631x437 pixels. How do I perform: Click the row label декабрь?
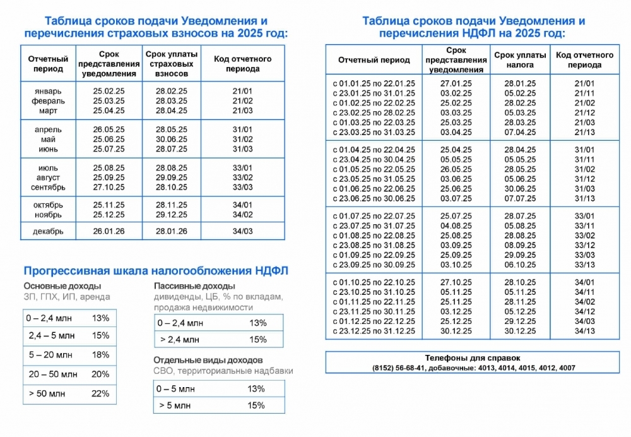pos(48,231)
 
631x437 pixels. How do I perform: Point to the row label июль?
pos(48,168)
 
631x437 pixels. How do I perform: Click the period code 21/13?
pos(585,132)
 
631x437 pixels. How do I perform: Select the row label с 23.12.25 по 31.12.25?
pos(374,331)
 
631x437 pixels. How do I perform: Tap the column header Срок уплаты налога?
pos(520,60)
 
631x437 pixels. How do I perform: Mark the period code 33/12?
pos(585,245)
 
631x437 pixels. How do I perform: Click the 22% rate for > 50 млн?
pos(100,393)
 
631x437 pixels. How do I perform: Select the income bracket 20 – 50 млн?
pos(53,374)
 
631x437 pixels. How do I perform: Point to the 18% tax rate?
pos(100,355)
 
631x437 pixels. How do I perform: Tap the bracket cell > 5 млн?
pos(175,405)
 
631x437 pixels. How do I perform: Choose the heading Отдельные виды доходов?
pos(208,360)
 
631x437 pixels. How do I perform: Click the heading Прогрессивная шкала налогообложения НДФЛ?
pos(155,270)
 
